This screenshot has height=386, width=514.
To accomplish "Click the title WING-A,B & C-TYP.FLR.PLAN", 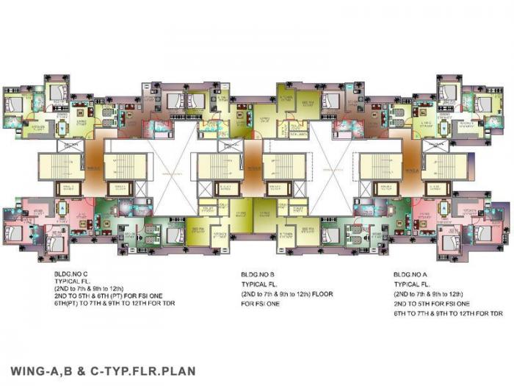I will coord(103,370).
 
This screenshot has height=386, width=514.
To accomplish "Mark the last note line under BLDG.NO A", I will coord(448,313).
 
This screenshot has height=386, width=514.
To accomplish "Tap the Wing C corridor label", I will coord(94,168).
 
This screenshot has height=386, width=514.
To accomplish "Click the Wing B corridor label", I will coord(253,168).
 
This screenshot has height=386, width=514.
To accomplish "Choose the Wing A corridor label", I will coord(412,168).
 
